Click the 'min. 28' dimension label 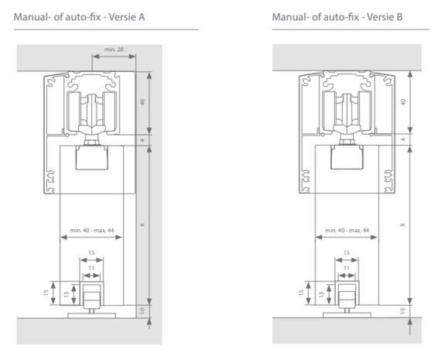[x=114, y=50]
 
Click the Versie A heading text [x=80, y=17]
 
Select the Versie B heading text [x=337, y=17]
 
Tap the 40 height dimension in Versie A [x=142, y=102]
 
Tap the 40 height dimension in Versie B [x=403, y=102]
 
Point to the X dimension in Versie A [x=142, y=225]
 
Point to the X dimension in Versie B [x=403, y=225]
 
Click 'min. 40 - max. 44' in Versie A [x=92, y=231]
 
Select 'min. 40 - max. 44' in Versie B [x=347, y=231]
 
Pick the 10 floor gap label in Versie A [x=142, y=311]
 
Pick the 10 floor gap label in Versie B [x=403, y=311]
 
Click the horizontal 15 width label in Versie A [x=91, y=252]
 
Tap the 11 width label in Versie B [x=347, y=268]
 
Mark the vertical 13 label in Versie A [x=67, y=294]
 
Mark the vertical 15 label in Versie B [x=302, y=293]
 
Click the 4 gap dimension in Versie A [x=142, y=140]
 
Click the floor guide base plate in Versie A [x=91, y=315]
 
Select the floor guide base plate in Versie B [x=347, y=315]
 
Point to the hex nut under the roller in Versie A [x=91, y=142]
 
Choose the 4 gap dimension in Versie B [x=403, y=139]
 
